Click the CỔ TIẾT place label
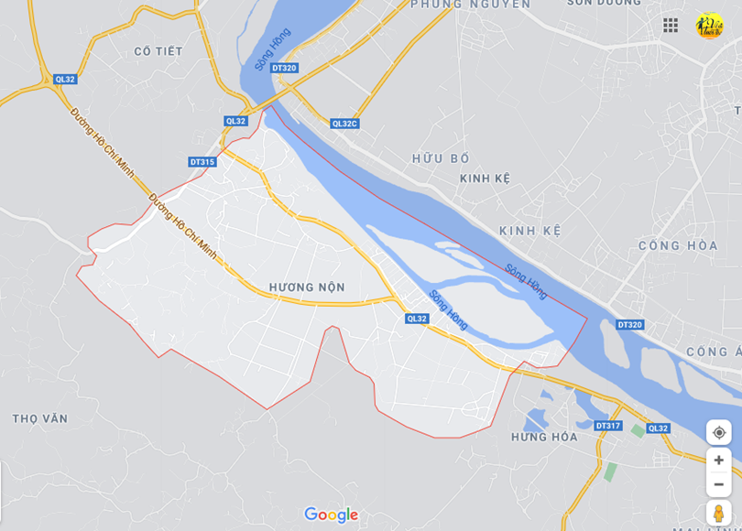158,51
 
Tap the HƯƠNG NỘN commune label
307,287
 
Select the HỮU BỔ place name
441,158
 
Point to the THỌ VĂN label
40,418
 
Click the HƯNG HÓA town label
544,437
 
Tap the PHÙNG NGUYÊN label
470,5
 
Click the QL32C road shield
345,124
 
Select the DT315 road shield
202,162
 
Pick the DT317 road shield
607,426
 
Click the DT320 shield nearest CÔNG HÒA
629,325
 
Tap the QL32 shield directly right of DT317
658,428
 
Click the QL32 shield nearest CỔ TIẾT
65,80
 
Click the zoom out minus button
719,484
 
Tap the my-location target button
719,432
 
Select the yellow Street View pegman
719,514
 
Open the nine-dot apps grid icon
671,25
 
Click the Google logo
331,515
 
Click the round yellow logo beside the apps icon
709,25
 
